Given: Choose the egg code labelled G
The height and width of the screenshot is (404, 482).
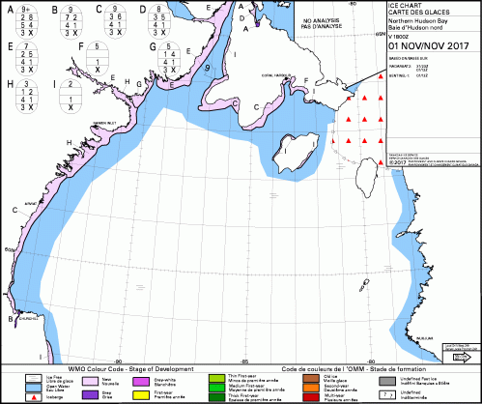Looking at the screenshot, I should (x=170, y=56).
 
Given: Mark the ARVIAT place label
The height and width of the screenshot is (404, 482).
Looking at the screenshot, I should (x=30, y=204).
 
